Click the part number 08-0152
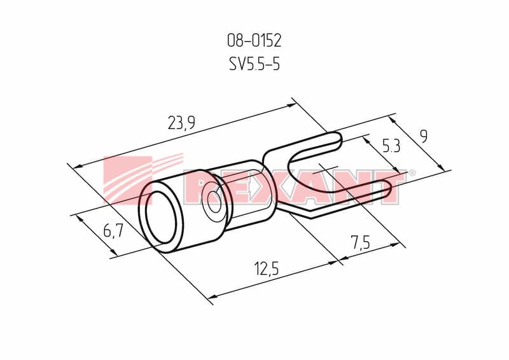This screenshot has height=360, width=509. tap(254, 41)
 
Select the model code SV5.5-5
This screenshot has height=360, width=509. tap(254, 64)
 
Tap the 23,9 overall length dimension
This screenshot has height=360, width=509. tap(181, 123)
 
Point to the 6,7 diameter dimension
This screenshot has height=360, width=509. tap(113, 231)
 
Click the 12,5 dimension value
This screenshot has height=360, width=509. tap(266, 269)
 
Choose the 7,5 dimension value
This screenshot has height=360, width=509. tap(360, 242)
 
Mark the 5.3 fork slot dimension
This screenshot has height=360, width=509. tap(391, 146)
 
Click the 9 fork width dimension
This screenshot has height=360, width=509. tap(423, 136)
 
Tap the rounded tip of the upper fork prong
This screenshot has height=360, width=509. tap(339, 139)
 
